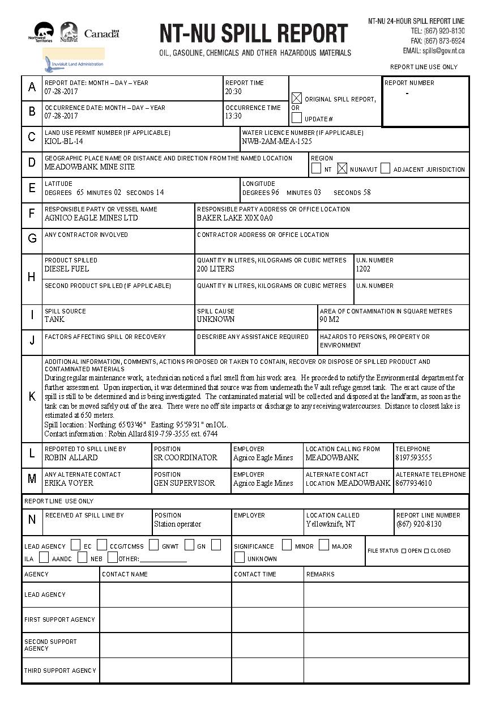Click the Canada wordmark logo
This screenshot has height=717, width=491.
102,34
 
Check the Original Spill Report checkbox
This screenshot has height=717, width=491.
297,98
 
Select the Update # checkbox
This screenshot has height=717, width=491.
297,118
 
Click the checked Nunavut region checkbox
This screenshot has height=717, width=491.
342,168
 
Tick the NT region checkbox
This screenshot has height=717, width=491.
316,168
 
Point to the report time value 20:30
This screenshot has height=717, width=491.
233,91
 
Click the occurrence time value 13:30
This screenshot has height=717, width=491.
233,116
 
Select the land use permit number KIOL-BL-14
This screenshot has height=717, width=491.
64,141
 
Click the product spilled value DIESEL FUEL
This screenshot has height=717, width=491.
67,269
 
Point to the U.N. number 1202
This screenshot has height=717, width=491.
364,269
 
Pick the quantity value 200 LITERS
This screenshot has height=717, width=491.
216,269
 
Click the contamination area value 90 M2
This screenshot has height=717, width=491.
329,319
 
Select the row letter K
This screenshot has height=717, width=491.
32,397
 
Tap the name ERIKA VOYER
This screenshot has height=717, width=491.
69,483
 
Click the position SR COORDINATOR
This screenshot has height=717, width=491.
186,457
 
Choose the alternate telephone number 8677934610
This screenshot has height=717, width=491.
414,483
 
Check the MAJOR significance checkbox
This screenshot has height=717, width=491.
323,545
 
